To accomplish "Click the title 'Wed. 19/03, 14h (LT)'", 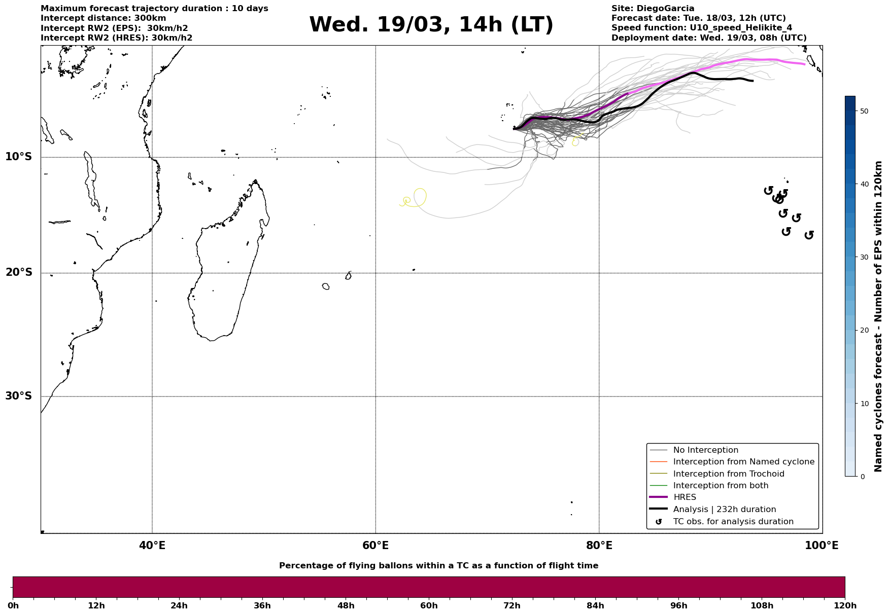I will coord(431,25).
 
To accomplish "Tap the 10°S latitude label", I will coord(19,157).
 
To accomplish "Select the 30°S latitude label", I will coord(19,396).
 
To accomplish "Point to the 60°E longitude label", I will coord(375,546).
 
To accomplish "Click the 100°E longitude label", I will coord(822,546).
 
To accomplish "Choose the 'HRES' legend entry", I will coord(685,497).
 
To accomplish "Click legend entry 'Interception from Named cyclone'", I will coord(743,462).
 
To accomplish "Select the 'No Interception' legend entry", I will coord(705,450).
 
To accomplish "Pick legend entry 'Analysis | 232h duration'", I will coord(724,510).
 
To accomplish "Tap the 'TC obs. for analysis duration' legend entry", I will coord(733,522).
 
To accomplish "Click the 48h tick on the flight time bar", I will coord(346,605).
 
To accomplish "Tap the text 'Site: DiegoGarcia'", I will coord(653,9).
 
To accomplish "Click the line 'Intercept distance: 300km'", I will coord(103,18).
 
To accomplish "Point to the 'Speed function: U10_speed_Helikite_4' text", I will coord(701,28).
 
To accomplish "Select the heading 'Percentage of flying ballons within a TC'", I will coord(438,566).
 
